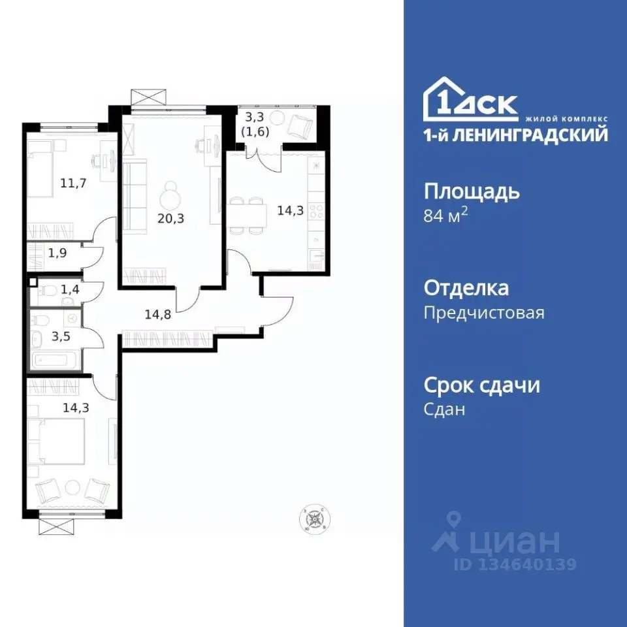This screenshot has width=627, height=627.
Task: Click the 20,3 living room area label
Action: click(170, 219)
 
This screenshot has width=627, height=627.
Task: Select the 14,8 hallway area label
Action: click(158, 313)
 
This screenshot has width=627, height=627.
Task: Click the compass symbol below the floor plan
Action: click(316, 519)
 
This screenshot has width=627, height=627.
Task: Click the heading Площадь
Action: click(472, 192)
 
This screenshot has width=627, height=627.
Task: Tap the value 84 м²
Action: click(446, 216)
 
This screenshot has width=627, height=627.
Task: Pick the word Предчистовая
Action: click(483, 313)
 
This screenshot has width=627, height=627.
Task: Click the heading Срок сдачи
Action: click(481, 385)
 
